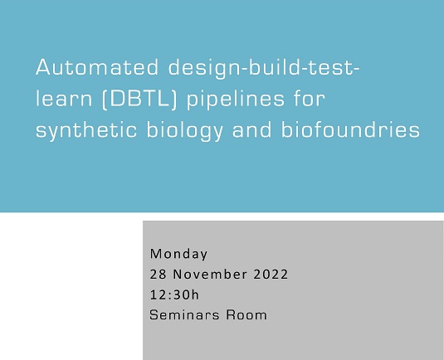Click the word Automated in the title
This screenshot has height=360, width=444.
click(x=90, y=69)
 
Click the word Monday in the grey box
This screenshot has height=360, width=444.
click(x=178, y=254)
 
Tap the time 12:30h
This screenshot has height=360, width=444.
click(x=174, y=294)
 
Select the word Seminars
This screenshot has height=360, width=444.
click(x=185, y=315)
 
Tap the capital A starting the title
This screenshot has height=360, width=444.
click(x=43, y=69)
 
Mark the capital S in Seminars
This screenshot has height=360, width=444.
click(x=154, y=315)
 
